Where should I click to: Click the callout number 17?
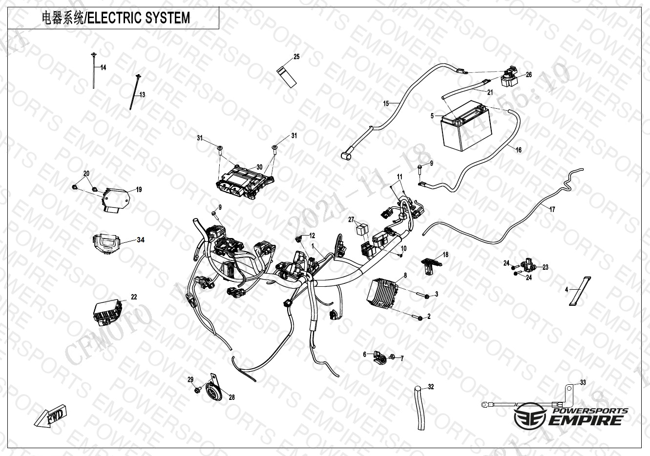pyautogui.click(x=552, y=209)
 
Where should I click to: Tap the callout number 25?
pyautogui.click(x=296, y=57)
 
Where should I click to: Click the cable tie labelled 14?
pyautogui.click(x=93, y=71)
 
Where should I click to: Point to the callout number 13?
pyautogui.click(x=143, y=95)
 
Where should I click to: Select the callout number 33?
pyautogui.click(x=583, y=382)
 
